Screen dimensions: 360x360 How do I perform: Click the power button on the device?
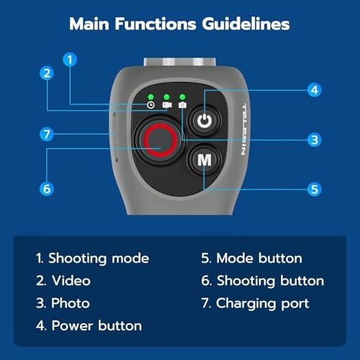pos(204,121)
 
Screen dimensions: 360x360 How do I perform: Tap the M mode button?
pos(204,160)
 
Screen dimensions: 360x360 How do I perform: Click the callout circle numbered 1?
pos(70,60)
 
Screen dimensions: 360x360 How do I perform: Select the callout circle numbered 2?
pos(47,73)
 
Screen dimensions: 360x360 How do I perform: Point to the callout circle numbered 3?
pos(315,140)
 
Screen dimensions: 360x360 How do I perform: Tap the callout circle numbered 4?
pos(315,90)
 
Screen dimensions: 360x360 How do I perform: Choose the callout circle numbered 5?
pos(315,189)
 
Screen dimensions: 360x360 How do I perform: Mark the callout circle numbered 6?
pos(47,189)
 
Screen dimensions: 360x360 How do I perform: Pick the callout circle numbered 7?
pos(47,134)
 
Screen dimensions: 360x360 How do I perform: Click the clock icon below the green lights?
pos(150,105)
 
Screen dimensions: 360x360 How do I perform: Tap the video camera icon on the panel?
pos(167,105)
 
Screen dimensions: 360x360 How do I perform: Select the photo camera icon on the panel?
pos(182,105)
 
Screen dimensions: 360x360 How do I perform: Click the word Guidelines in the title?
pos(246,24)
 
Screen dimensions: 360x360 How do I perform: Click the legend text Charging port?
pos(262,304)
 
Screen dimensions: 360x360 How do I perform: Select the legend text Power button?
pos(96,326)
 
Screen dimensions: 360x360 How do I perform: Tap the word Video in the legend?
pos(71,281)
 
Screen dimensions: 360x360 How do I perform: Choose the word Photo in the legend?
pos(71,303)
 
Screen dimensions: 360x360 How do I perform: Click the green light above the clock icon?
pos(150,97)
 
